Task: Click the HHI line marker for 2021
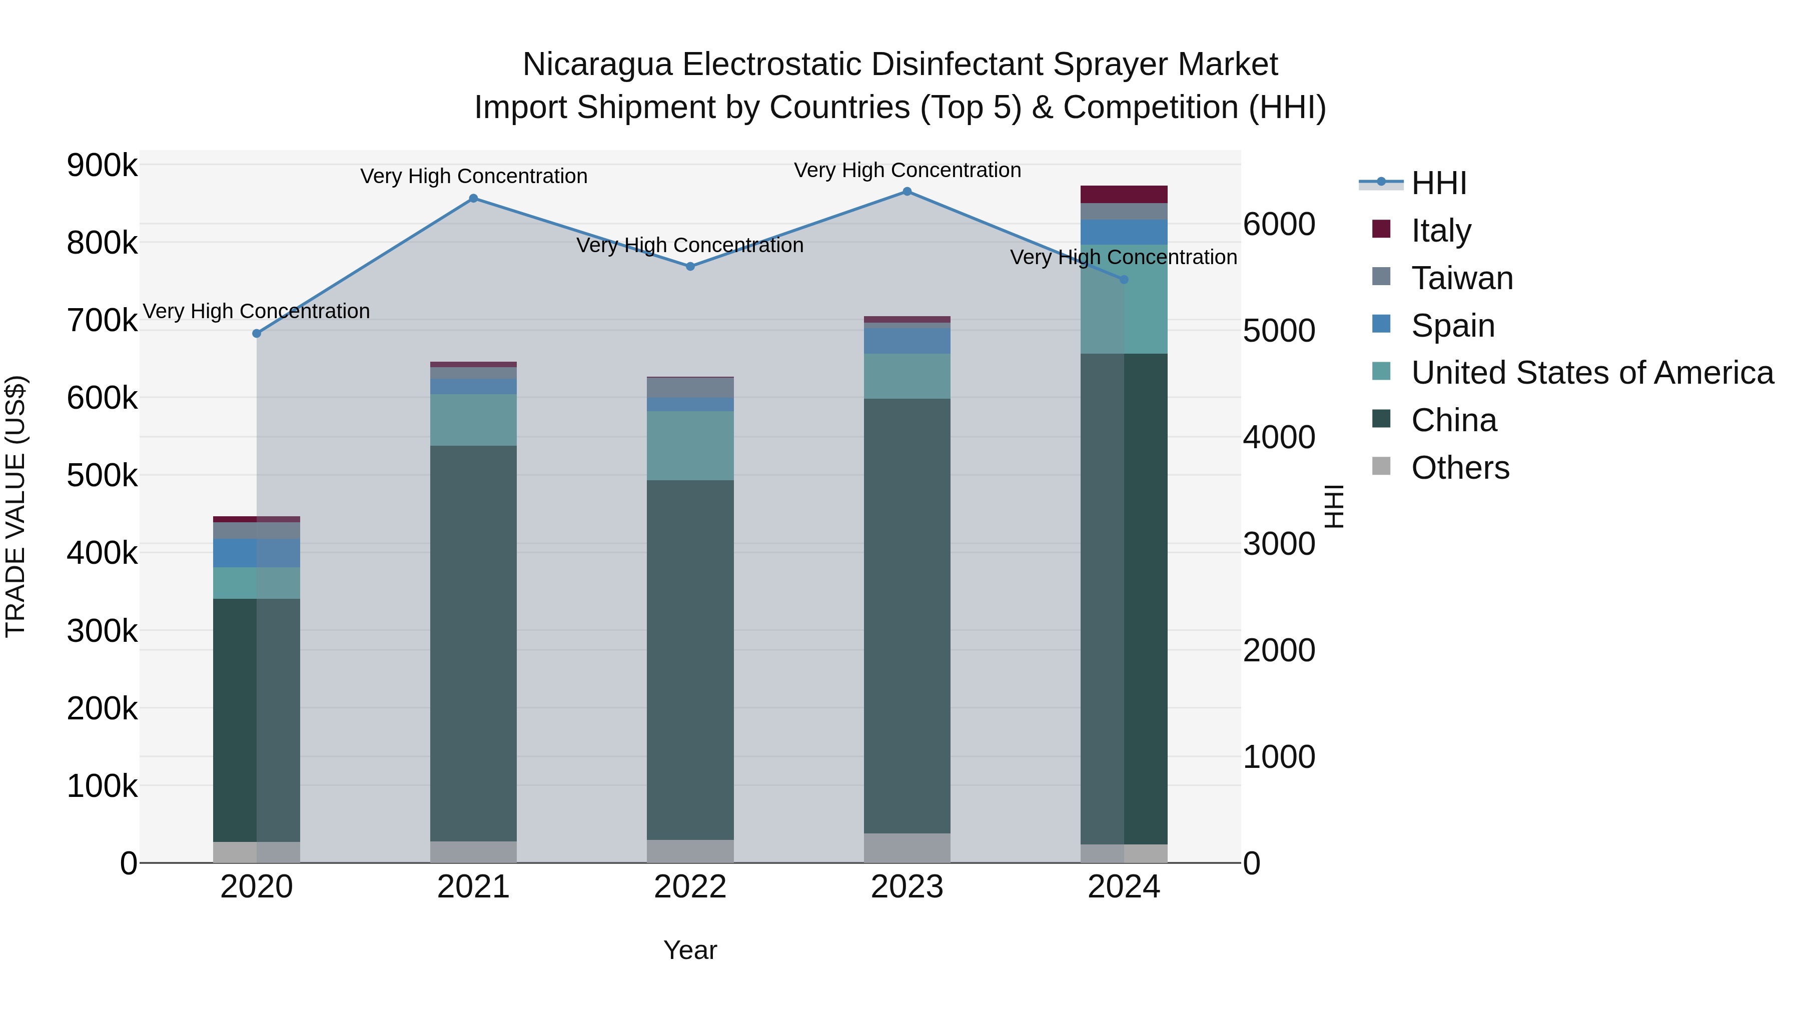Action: click(x=473, y=199)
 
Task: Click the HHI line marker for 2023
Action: click(x=907, y=192)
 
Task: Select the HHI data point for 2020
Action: click(x=257, y=334)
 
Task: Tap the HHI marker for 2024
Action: click(x=1124, y=280)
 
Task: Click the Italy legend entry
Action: click(x=1441, y=231)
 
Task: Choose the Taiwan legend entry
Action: click(x=1462, y=278)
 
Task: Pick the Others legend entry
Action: click(x=1460, y=468)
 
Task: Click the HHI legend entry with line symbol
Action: click(x=1438, y=183)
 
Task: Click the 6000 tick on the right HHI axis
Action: click(x=1279, y=225)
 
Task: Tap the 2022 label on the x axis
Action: click(x=690, y=887)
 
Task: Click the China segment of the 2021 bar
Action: click(x=473, y=643)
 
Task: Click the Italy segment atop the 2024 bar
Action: click(x=1124, y=195)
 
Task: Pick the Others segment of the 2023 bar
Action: click(x=907, y=847)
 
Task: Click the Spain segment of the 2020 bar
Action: click(x=257, y=553)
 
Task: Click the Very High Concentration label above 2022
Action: click(x=690, y=246)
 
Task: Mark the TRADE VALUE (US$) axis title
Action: click(x=16, y=506)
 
